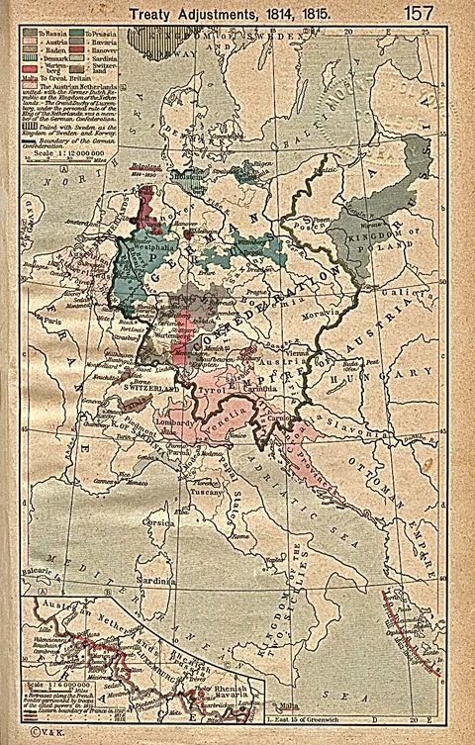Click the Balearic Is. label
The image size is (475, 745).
point(45,598)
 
